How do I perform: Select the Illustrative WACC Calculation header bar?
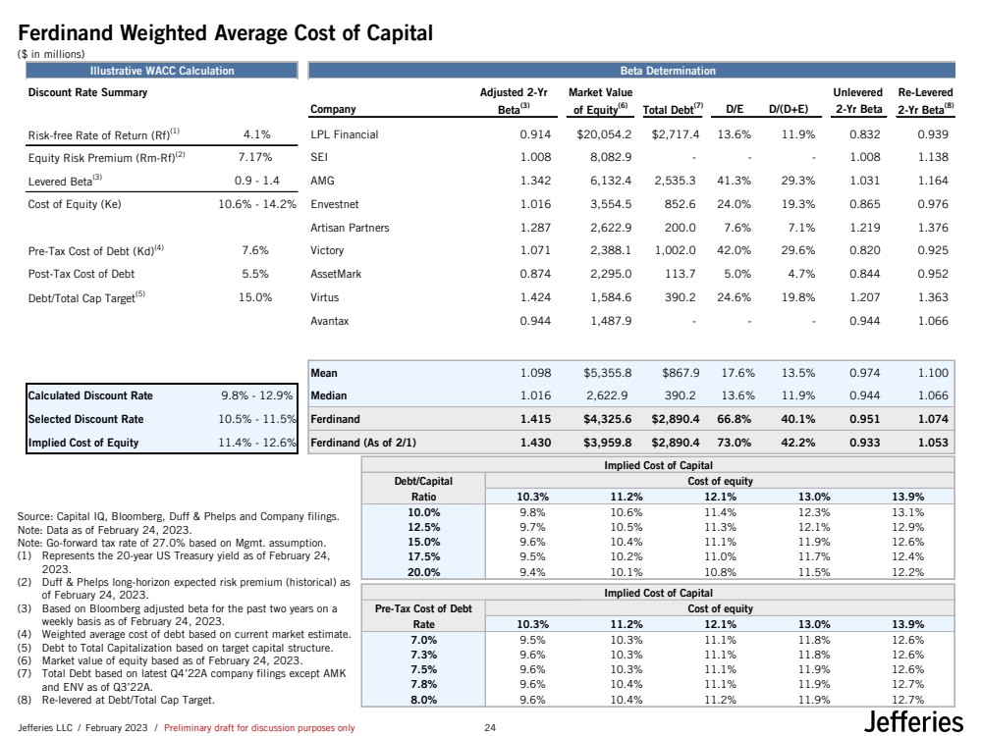tap(157, 71)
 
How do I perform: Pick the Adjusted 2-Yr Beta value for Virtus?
tap(528, 299)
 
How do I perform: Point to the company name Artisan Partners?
tap(349, 229)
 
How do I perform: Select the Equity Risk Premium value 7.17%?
tap(253, 158)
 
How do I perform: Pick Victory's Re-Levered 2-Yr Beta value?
tap(932, 252)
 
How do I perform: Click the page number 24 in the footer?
tap(491, 728)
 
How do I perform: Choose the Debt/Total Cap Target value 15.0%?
tap(255, 299)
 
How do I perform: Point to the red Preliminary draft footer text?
tap(258, 728)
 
